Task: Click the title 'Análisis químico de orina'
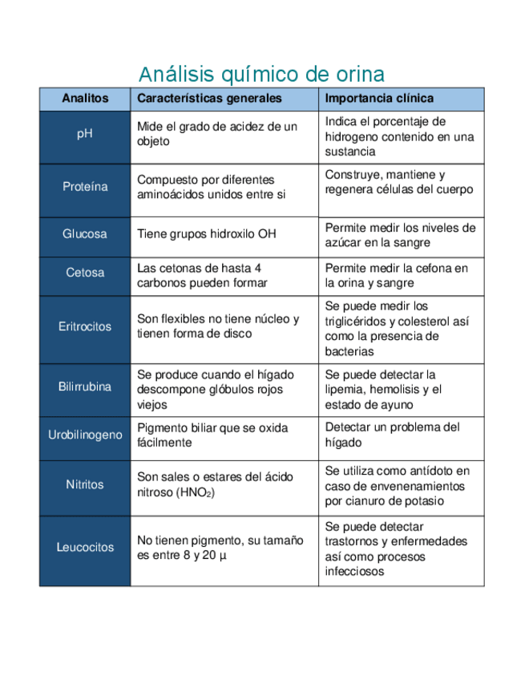point(261,75)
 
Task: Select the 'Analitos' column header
point(85,99)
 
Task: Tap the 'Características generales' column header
point(209,99)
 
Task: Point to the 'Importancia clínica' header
point(380,99)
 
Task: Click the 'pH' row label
point(85,134)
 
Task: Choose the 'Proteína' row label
point(85,187)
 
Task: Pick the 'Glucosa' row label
point(85,234)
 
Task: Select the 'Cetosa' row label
point(85,273)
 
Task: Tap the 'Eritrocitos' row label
point(85,327)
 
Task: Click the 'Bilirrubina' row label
point(85,387)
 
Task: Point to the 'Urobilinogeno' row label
point(85,435)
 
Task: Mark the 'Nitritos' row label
point(85,484)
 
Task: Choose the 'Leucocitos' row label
point(85,548)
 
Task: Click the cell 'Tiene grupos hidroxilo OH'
point(207,234)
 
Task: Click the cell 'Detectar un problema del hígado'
point(393,435)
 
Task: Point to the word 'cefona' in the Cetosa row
point(436,268)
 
